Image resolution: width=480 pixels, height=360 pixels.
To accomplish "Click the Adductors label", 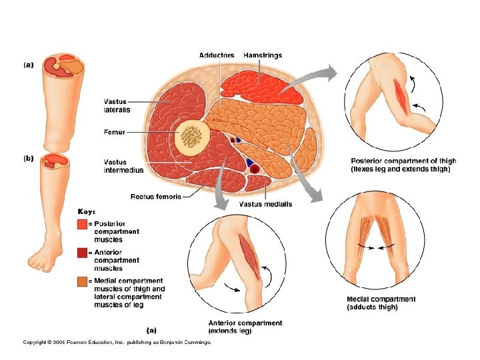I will click(x=217, y=55).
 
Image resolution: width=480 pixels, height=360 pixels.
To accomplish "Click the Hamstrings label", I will click(x=263, y=55).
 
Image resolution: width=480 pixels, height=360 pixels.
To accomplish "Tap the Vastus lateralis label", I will click(x=117, y=105).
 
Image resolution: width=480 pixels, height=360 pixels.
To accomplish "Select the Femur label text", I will click(x=114, y=132).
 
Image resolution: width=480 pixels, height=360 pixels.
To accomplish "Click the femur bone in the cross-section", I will click(x=193, y=137).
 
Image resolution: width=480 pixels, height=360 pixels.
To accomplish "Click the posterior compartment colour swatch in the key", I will click(x=82, y=225).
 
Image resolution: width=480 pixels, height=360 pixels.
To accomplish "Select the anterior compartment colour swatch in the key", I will click(x=82, y=253).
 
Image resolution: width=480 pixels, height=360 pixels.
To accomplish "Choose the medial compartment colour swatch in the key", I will click(x=82, y=281).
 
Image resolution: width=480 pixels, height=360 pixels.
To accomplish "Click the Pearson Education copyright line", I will click(x=117, y=342).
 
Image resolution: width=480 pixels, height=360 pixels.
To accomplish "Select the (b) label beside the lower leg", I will click(x=28, y=158).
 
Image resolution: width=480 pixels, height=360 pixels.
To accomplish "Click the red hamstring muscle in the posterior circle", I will click(x=401, y=95).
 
